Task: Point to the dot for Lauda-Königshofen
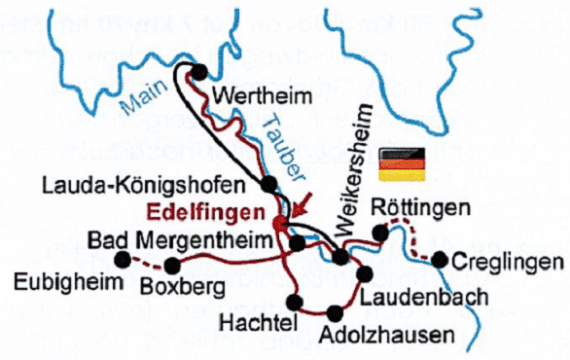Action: (268, 184)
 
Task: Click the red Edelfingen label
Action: (208, 212)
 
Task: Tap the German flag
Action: (403, 163)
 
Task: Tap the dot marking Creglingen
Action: (440, 261)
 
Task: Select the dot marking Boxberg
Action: (173, 265)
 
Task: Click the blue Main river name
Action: (139, 96)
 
